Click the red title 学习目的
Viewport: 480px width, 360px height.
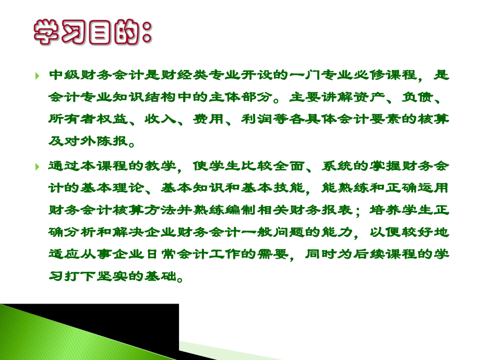click(x=93, y=32)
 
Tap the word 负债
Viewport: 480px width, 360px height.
click(x=421, y=98)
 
